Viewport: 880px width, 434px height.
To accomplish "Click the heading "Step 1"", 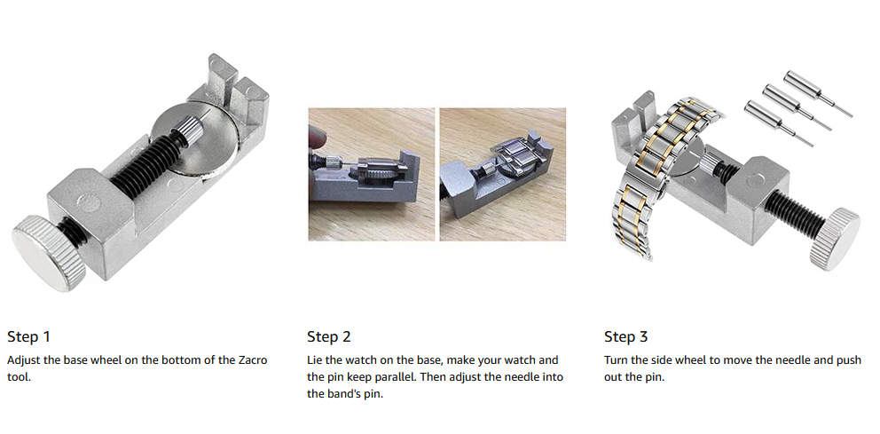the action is pyautogui.click(x=28, y=337).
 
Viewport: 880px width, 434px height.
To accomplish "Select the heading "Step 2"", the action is pyautogui.click(x=329, y=337).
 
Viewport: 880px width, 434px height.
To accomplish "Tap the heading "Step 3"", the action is pyautogui.click(x=626, y=337).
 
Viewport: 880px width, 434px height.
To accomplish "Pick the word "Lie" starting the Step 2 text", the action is pyautogui.click(x=314, y=359).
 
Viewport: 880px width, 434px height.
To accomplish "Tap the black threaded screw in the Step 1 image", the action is pyautogui.click(x=145, y=162).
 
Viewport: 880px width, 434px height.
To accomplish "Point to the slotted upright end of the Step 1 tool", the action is pyautogui.click(x=236, y=90).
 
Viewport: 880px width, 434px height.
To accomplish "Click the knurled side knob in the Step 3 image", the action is pyautogui.click(x=834, y=239).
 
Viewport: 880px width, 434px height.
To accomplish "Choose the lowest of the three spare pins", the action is pyautogui.click(x=777, y=123).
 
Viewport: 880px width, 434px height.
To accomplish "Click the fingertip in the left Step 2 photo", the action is pyautogui.click(x=317, y=138).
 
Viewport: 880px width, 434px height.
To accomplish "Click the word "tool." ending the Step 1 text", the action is pyautogui.click(x=19, y=377).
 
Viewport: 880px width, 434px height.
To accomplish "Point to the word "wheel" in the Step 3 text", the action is pyautogui.click(x=693, y=359).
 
